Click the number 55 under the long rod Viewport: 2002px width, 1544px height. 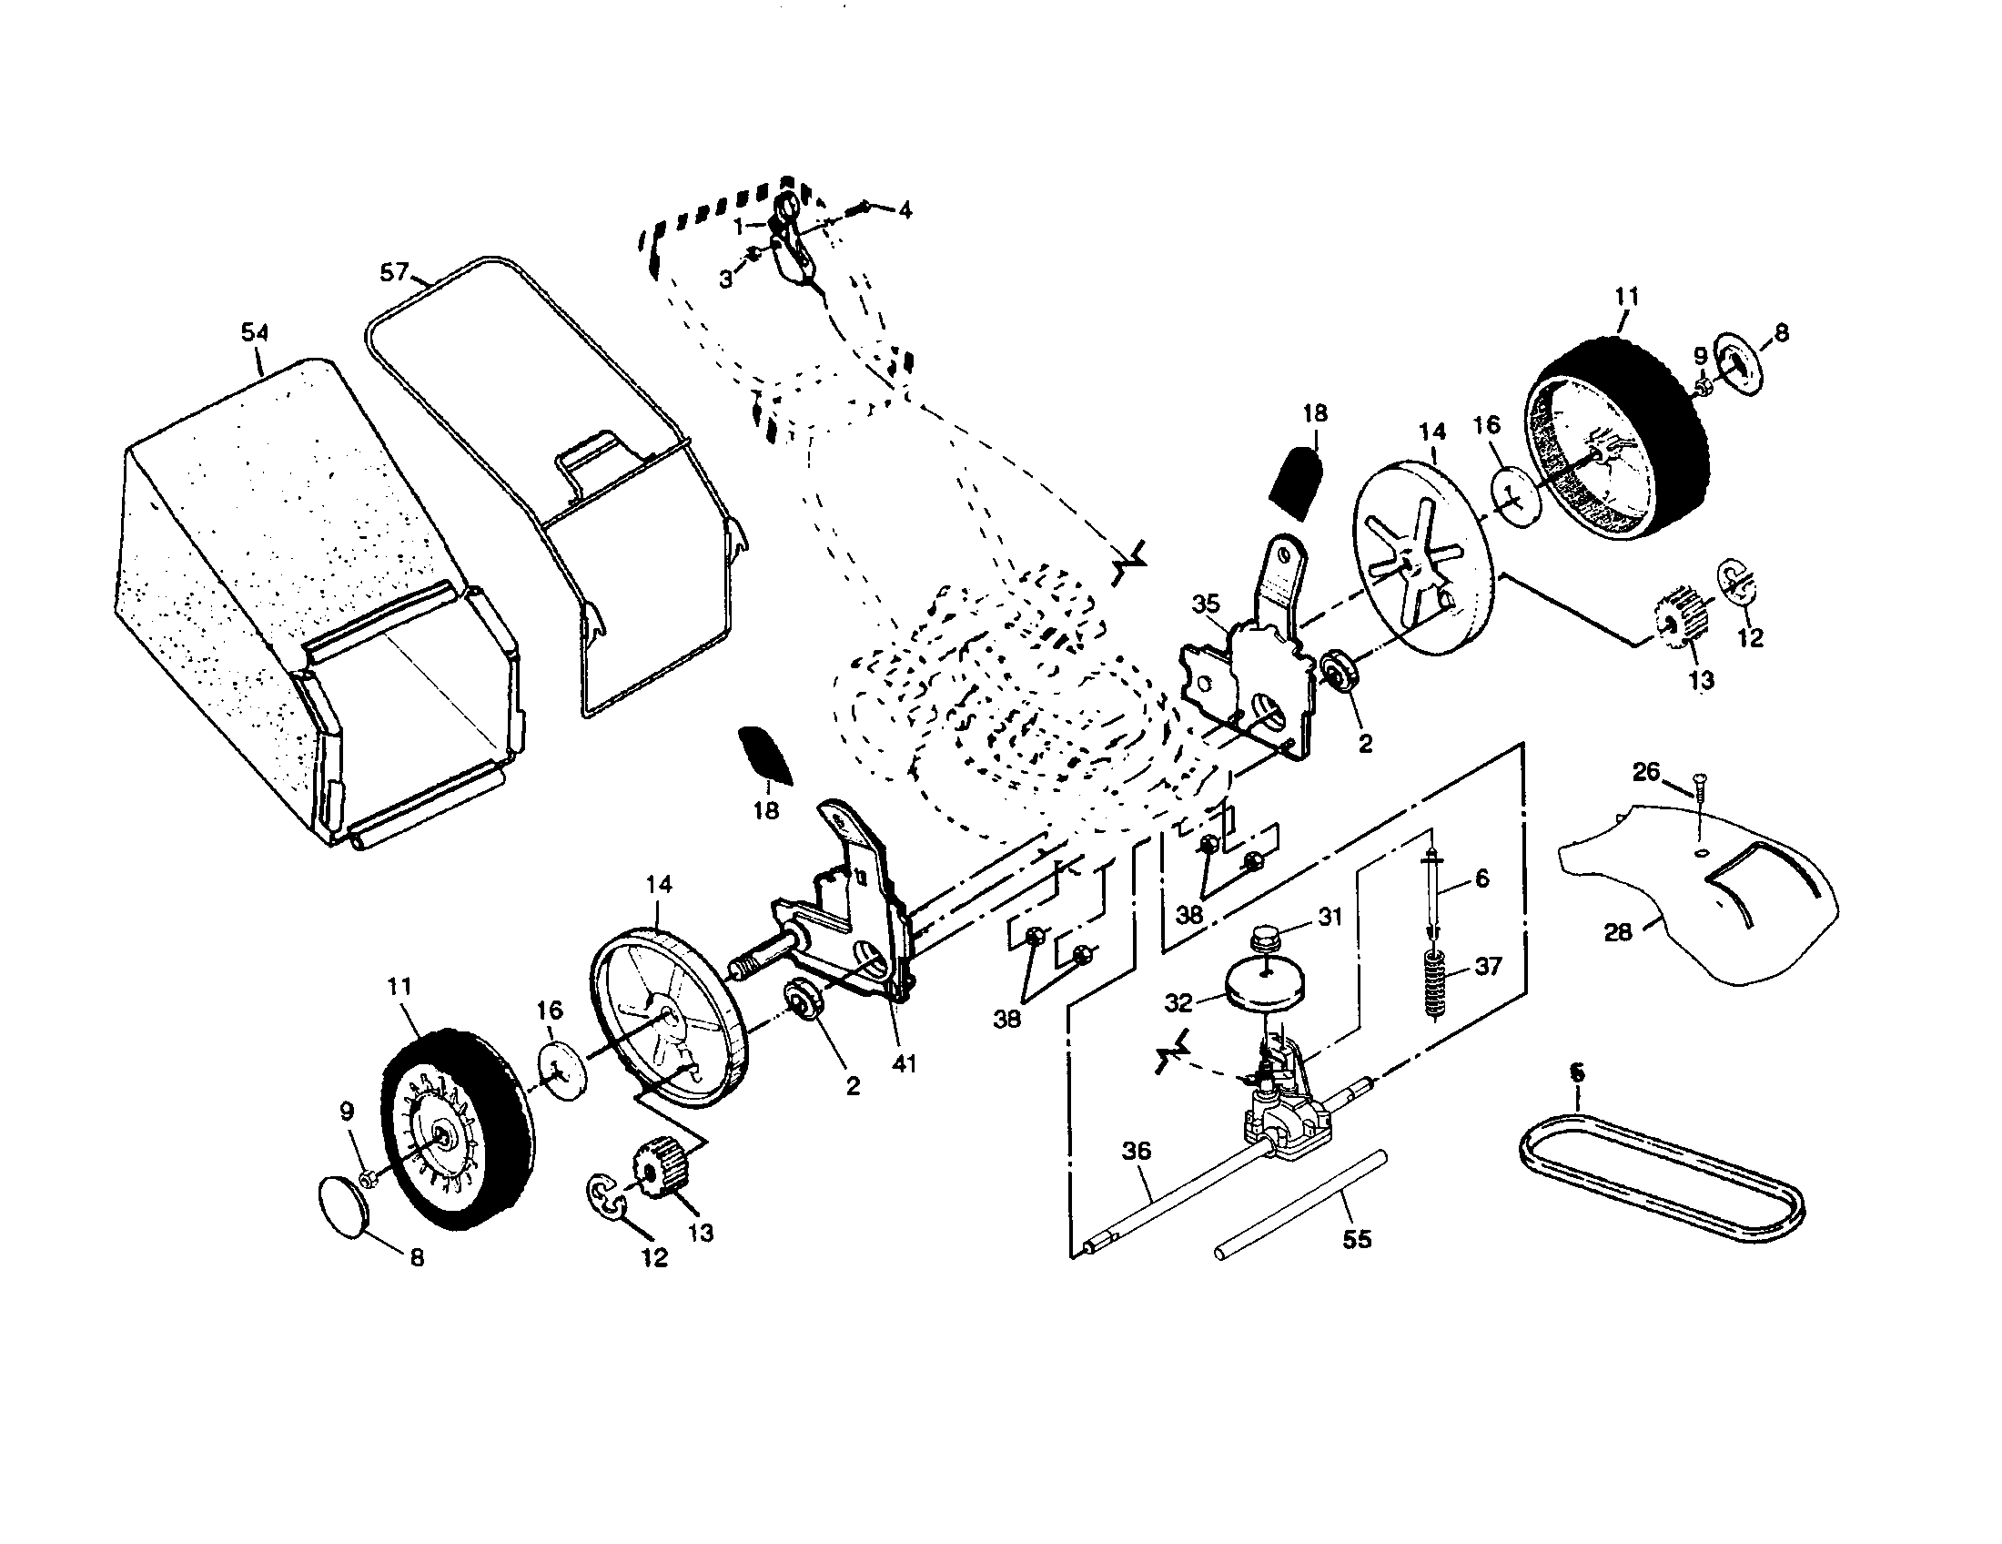click(1357, 1240)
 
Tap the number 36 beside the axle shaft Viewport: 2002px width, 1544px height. click(1136, 1151)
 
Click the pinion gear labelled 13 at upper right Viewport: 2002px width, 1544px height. click(1679, 625)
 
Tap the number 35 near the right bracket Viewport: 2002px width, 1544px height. click(1206, 604)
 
